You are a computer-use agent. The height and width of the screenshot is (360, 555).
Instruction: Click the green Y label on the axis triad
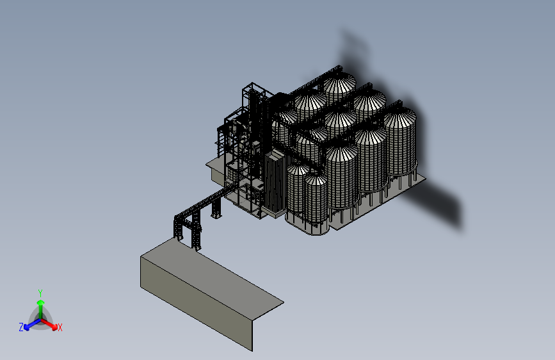click(x=40, y=293)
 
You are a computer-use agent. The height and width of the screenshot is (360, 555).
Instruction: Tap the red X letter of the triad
click(x=60, y=327)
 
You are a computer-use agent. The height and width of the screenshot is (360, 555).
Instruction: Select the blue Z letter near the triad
click(x=21, y=327)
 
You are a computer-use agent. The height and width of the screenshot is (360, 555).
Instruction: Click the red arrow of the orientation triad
click(x=49, y=324)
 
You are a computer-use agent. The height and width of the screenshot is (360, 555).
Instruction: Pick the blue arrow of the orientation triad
click(x=32, y=324)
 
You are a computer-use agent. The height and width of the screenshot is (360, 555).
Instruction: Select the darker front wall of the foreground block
click(x=197, y=303)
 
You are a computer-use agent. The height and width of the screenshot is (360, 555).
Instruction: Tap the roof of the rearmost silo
click(x=339, y=84)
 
